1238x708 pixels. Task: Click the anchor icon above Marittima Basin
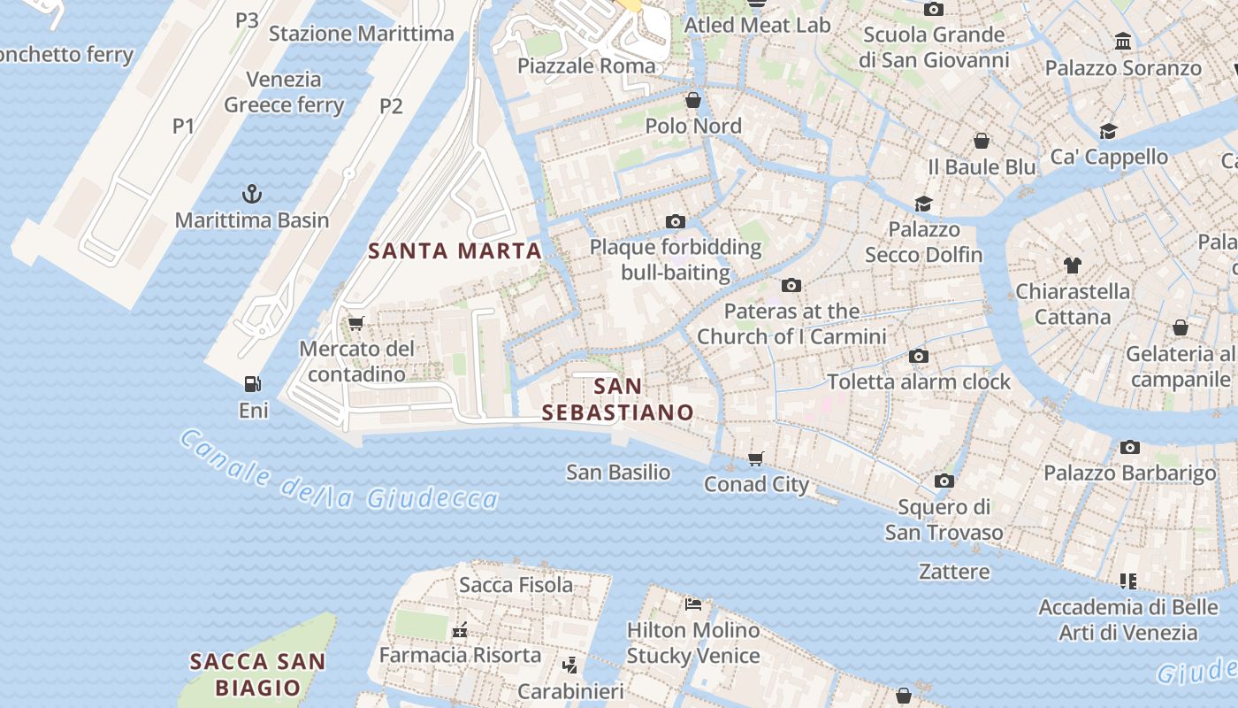click(x=252, y=193)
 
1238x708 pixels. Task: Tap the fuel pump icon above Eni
click(x=253, y=384)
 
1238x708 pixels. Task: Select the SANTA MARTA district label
click(x=455, y=251)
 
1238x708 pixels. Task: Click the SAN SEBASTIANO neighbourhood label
click(x=617, y=400)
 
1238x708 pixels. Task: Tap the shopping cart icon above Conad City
click(x=756, y=458)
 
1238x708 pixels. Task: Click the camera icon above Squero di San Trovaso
click(x=944, y=481)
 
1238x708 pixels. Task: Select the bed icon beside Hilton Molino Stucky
click(x=693, y=604)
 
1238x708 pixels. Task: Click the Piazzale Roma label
click(x=586, y=65)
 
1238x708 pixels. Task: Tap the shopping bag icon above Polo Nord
click(x=693, y=100)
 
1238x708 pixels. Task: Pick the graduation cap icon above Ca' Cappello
click(x=1108, y=132)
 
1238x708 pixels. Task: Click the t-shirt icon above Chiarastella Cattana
click(x=1073, y=265)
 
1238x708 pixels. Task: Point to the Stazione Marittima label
click(x=361, y=35)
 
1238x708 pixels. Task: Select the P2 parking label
click(x=391, y=106)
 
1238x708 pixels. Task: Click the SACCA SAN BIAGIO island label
click(x=258, y=674)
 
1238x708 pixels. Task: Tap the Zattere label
click(x=954, y=572)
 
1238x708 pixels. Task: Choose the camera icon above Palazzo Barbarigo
click(x=1129, y=447)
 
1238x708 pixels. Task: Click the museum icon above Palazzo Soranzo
click(x=1123, y=42)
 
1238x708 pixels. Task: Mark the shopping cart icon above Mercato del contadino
click(x=356, y=323)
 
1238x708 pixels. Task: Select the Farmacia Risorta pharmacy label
click(x=460, y=656)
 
